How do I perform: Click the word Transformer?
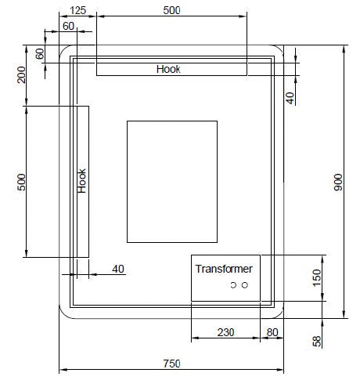pyautogui.click(x=224, y=269)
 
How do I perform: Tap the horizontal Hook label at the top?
pyautogui.click(x=168, y=69)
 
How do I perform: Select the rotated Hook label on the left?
pyautogui.click(x=82, y=181)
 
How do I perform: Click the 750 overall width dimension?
pyautogui.click(x=171, y=364)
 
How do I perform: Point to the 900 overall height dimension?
pyautogui.click(x=338, y=183)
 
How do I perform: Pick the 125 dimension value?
pyautogui.click(x=78, y=10)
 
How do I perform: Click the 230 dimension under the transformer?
pyautogui.click(x=225, y=332)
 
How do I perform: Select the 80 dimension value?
pyautogui.click(x=272, y=332)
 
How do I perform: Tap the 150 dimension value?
pyautogui.click(x=317, y=278)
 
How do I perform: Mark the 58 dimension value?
pyautogui.click(x=317, y=341)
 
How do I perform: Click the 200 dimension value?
pyautogui.click(x=22, y=74)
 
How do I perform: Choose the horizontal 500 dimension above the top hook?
pyautogui.click(x=171, y=10)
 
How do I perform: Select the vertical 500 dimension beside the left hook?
pyautogui.click(x=22, y=181)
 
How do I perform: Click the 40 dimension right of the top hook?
pyautogui.click(x=290, y=97)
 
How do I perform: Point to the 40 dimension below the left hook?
pyautogui.click(x=118, y=269)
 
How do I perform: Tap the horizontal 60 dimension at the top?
pyautogui.click(x=69, y=26)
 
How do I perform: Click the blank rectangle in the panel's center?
pyautogui.click(x=171, y=181)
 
